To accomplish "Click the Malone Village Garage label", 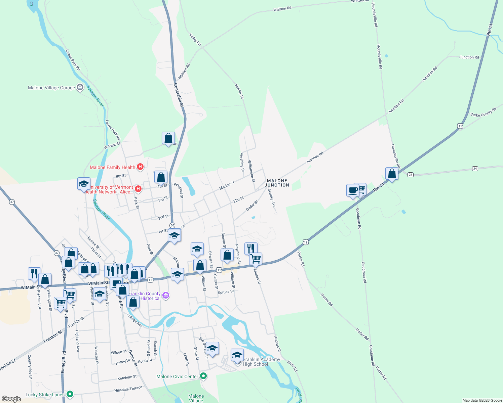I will [x=51, y=88].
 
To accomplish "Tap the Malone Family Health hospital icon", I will [x=141, y=167].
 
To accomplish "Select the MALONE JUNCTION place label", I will [x=277, y=183].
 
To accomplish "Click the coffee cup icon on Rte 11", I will [x=353, y=190].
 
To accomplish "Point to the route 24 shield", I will [x=475, y=169].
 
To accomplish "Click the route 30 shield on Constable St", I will [x=172, y=225].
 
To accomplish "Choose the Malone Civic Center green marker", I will [x=203, y=376].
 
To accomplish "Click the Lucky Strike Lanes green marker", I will [x=70, y=394].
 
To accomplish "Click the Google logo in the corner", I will [x=11, y=399].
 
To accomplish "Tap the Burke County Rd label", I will [x=483, y=113].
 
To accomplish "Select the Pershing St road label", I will [x=242, y=162].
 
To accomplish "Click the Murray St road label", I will [x=239, y=92].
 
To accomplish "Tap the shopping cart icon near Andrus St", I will [x=256, y=259].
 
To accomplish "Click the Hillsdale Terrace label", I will [x=128, y=389].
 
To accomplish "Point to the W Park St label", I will [x=112, y=145].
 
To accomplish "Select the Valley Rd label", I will [x=195, y=39].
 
